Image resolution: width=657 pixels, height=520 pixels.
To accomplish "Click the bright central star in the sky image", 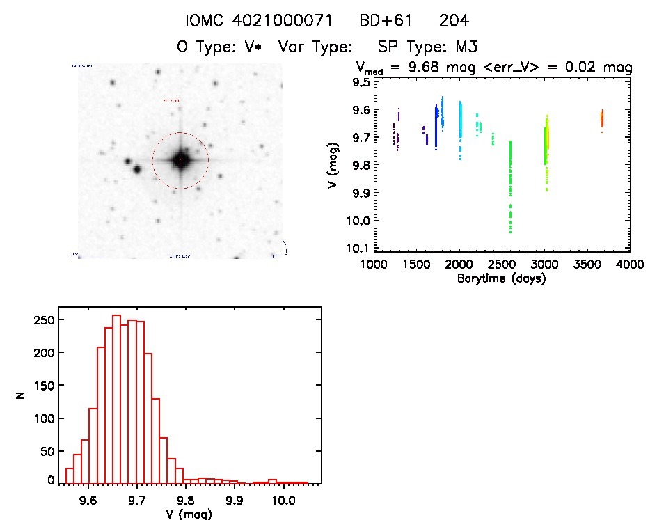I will point(180,161).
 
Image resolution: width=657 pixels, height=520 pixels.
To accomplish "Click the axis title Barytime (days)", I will point(501,279).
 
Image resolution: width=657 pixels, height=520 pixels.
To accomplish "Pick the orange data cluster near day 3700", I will point(602,117).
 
